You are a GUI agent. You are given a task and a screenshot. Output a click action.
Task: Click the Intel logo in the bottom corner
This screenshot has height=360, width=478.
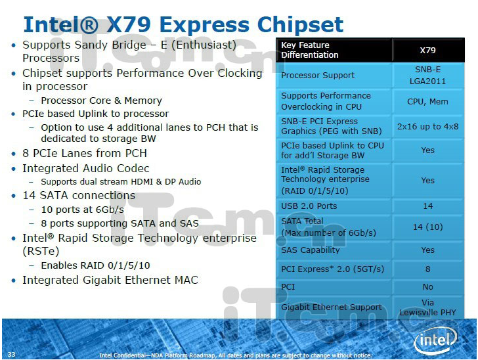click(x=435, y=340)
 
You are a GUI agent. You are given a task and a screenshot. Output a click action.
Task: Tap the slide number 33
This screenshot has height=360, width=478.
click(x=11, y=354)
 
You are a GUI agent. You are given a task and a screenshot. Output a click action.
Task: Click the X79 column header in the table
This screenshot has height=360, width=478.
click(x=427, y=51)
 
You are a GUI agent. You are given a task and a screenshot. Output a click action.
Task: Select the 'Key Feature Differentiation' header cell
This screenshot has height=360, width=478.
click(x=310, y=50)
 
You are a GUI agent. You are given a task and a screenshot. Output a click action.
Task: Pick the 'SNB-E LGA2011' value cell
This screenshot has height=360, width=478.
click(x=427, y=76)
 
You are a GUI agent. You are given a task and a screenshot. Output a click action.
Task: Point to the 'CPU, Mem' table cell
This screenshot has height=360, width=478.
click(x=427, y=102)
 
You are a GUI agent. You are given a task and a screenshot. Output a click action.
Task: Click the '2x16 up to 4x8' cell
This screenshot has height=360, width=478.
click(x=427, y=127)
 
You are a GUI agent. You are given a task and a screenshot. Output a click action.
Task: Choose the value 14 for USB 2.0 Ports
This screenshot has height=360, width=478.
click(x=427, y=206)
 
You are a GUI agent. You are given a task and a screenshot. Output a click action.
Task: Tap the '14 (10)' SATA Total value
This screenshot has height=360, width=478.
click(x=427, y=227)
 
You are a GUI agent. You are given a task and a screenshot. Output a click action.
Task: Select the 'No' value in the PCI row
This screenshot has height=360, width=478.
click(x=427, y=287)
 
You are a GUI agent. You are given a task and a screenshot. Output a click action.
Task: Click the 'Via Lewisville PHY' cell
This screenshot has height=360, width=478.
click(x=427, y=307)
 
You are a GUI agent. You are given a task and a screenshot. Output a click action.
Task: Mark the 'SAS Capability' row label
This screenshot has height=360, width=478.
click(x=311, y=250)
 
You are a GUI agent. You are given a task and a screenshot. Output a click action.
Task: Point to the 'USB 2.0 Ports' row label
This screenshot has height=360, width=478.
click(x=309, y=206)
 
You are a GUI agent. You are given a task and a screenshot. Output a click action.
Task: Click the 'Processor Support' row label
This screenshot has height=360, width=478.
click(x=318, y=76)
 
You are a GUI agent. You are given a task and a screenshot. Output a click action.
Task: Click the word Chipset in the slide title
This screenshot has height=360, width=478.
click(x=300, y=25)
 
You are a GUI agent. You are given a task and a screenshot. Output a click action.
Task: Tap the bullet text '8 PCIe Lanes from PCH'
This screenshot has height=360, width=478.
click(x=85, y=153)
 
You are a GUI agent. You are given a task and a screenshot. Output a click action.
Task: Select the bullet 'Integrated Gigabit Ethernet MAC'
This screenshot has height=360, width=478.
click(x=110, y=280)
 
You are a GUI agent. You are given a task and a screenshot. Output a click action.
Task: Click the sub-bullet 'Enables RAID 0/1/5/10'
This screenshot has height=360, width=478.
click(x=95, y=265)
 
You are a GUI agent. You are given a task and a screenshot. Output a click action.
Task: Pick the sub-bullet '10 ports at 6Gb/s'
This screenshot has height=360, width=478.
click(x=83, y=210)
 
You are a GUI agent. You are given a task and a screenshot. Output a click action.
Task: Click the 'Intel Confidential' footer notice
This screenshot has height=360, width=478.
click(x=236, y=355)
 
